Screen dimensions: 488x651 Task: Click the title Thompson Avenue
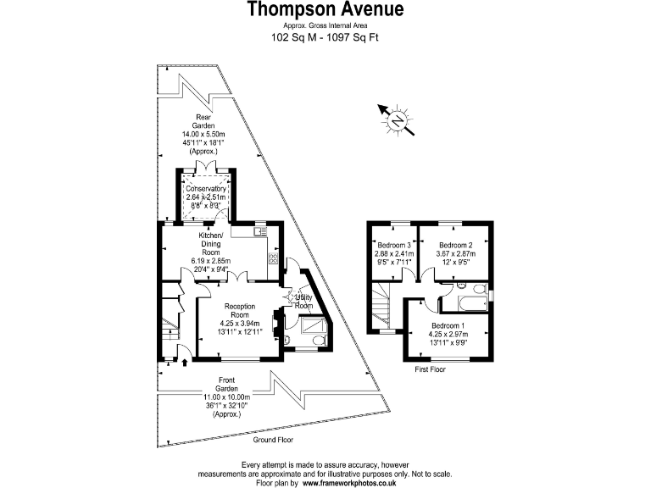point(325,10)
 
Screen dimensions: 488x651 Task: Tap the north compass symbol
point(396,121)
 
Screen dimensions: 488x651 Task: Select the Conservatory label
point(206,189)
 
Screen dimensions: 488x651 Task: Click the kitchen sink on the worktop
point(261,231)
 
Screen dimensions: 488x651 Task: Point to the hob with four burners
point(274,259)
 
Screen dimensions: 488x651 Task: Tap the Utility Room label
point(304,301)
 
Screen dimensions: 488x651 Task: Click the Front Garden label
point(225,380)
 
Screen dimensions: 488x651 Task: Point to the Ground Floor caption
point(278,441)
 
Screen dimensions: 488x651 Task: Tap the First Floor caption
point(431,370)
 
